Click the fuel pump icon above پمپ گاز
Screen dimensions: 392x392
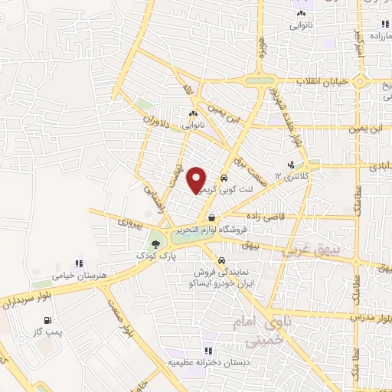coord(48,321)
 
